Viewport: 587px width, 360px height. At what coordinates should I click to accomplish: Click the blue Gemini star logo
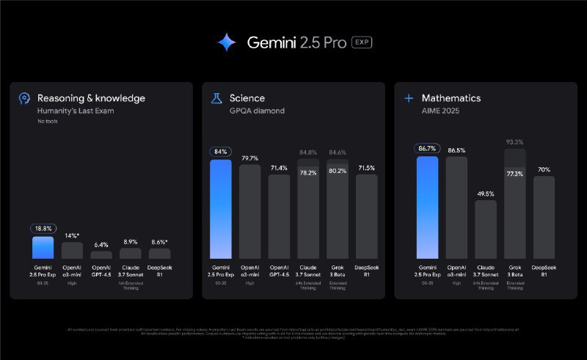pos(227,43)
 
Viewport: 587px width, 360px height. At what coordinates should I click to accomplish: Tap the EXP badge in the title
pos(362,42)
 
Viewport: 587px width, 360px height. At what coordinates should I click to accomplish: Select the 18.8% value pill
pos(43,228)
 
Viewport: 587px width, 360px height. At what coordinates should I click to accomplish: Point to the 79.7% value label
pos(249,157)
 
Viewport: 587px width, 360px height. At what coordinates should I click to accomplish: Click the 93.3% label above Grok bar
pos(515,142)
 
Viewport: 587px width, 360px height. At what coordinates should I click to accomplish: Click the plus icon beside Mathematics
pos(409,98)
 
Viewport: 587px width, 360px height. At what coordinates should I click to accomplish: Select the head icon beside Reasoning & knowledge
pos(24,98)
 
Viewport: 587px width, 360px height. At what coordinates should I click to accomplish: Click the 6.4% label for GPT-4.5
pos(101,244)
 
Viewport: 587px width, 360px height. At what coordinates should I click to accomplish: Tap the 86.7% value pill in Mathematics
pos(427,148)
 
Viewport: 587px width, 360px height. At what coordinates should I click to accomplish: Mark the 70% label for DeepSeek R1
pos(544,169)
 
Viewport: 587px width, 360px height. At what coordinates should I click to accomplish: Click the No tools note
pos(48,121)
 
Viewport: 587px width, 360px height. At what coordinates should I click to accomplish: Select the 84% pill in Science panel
pos(221,152)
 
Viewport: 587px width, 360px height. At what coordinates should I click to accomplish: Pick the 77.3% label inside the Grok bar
pos(515,174)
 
